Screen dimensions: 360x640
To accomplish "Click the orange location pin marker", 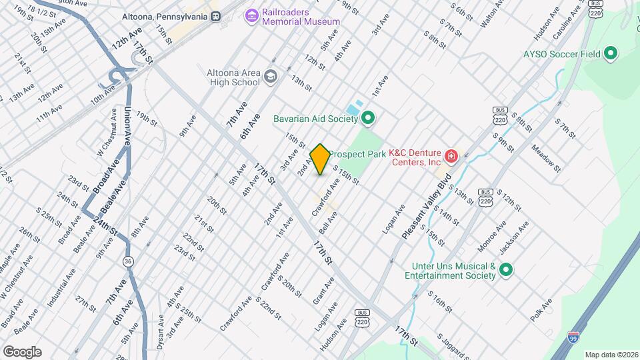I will tap(320, 159).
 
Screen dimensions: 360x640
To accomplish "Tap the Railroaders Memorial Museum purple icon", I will tap(251, 15).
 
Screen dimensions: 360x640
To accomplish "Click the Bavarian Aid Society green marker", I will tap(367, 119).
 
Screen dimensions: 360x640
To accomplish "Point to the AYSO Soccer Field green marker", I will tap(609, 53).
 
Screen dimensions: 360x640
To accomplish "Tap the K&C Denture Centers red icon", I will tap(452, 157).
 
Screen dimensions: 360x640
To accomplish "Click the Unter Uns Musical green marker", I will tap(506, 270).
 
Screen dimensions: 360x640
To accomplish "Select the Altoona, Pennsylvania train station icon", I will tap(215, 16).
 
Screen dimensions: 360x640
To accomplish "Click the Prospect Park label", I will tap(358, 154).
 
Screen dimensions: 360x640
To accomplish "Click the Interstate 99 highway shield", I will tap(573, 338).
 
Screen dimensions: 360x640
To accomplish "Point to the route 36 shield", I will tap(127, 261).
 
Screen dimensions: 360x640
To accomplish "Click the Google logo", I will tap(22, 351).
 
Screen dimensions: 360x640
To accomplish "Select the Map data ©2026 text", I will tap(611, 355).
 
